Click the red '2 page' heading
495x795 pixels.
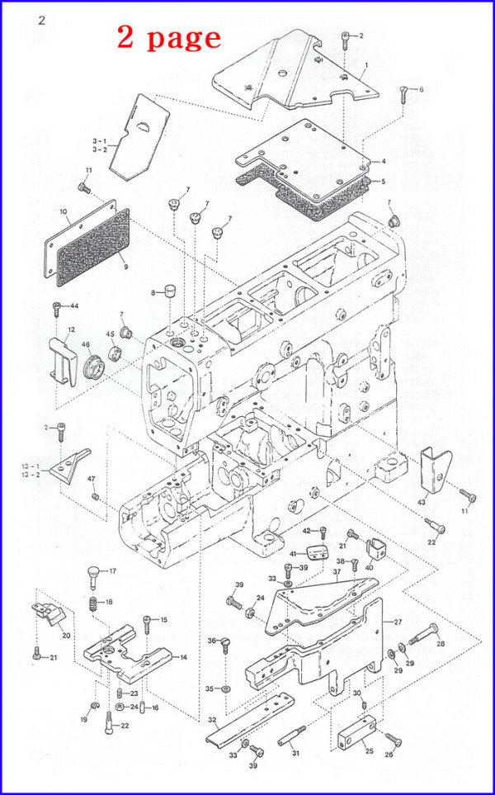pos(168,36)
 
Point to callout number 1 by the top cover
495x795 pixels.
pos(365,64)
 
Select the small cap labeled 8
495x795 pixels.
pos(169,291)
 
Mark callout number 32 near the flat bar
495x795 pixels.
pos(212,720)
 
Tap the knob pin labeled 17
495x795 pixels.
pos(93,572)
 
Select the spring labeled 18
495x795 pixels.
pos(93,605)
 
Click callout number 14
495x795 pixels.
pos(183,657)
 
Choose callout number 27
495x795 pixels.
pos(397,622)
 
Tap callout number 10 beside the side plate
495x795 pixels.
pos(64,212)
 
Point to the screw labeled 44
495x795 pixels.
pos(57,308)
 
